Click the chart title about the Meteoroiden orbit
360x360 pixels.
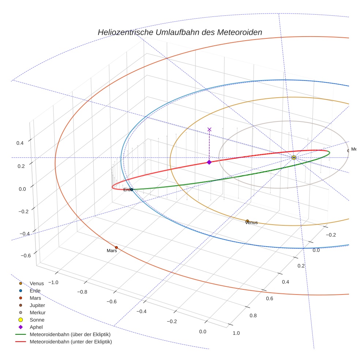(x=180, y=32)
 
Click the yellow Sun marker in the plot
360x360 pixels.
(x=294, y=157)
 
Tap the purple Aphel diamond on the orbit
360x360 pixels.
(x=209, y=162)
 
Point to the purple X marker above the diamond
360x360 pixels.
(x=209, y=129)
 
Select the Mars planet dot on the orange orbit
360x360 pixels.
(x=116, y=247)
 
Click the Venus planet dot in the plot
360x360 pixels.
(x=247, y=221)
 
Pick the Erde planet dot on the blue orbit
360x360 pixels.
(x=132, y=189)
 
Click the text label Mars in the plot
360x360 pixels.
(x=112, y=251)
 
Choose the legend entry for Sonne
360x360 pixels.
(x=37, y=320)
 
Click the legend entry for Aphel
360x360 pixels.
(x=36, y=327)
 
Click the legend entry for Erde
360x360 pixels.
(x=35, y=290)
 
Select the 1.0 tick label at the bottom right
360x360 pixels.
(x=236, y=333)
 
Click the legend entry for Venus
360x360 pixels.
(x=37, y=283)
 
